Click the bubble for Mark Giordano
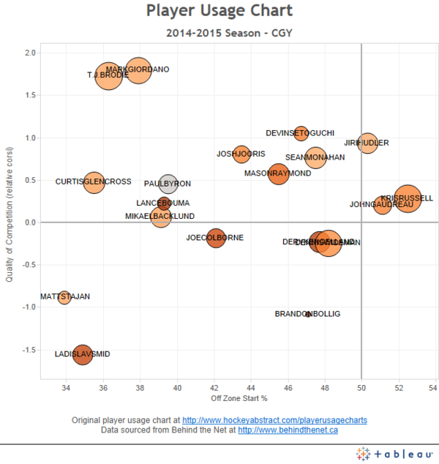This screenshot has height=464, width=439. (x=138, y=71)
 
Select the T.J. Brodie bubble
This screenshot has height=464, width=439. (x=108, y=76)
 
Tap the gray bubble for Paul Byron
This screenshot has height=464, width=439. (x=168, y=184)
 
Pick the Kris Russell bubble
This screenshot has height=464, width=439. (x=408, y=198)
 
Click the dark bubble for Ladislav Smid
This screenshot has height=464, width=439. (x=83, y=354)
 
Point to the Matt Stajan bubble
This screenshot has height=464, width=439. (x=64, y=297)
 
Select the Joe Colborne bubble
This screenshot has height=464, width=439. (x=215, y=238)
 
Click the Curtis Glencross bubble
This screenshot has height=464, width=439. (x=94, y=182)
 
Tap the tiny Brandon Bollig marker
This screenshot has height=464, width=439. (x=308, y=314)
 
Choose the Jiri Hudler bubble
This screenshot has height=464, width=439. (x=367, y=143)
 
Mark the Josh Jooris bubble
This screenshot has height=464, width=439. (x=241, y=154)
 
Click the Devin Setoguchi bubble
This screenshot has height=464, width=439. (x=301, y=133)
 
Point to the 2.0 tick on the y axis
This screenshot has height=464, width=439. (x=30, y=53)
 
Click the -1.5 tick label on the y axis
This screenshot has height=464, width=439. (x=29, y=351)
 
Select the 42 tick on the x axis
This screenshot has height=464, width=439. (x=214, y=387)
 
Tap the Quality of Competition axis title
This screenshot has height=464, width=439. (x=10, y=212)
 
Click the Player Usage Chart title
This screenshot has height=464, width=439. (x=219, y=11)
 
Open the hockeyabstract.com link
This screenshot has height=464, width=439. (x=274, y=421)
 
